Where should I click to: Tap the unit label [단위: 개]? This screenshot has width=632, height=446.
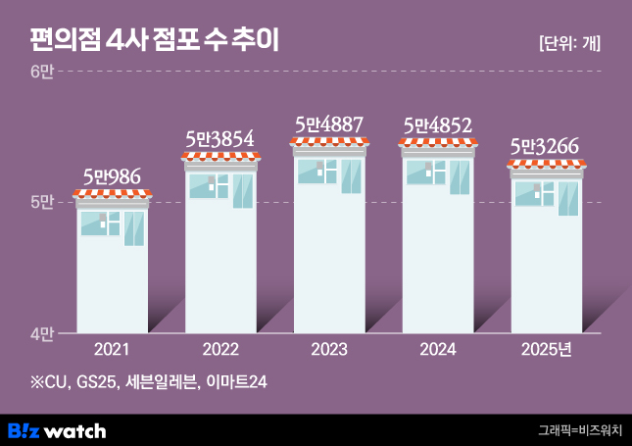(x=569, y=43)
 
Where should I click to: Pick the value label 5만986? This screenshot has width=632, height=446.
(x=113, y=177)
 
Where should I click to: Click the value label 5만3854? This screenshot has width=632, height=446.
(x=221, y=139)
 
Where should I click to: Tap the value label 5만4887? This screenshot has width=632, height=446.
(x=329, y=125)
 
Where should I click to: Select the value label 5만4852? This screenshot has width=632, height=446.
(x=438, y=125)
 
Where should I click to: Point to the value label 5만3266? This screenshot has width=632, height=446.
(x=547, y=147)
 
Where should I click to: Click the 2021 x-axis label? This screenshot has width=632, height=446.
(x=113, y=350)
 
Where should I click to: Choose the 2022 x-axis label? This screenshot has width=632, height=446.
(x=221, y=350)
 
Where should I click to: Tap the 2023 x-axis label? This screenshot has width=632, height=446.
(x=329, y=350)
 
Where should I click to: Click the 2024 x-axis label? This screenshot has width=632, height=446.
(x=438, y=350)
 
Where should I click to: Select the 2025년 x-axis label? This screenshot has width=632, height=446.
(x=547, y=350)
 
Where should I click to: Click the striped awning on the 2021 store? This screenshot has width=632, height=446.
(x=113, y=194)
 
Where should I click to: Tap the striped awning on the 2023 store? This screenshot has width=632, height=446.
(x=329, y=142)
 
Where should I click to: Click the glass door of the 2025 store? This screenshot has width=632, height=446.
(x=567, y=198)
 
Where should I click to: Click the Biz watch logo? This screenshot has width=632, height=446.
(x=57, y=430)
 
